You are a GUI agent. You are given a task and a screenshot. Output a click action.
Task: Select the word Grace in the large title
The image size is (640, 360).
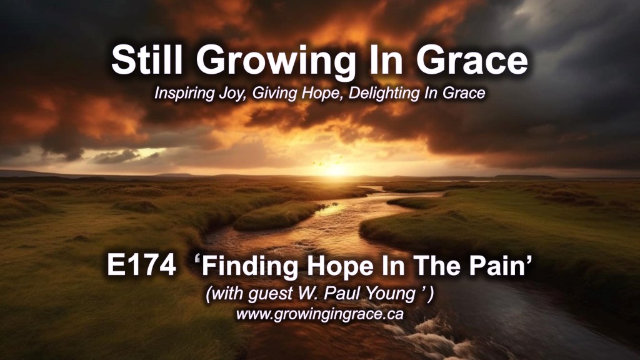click(472, 61)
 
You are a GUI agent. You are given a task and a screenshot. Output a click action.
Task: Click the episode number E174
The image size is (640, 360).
click(142, 265)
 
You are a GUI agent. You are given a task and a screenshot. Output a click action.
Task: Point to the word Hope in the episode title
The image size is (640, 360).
click(341, 267)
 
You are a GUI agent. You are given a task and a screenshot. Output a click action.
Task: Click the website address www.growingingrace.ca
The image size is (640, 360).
click(320, 314)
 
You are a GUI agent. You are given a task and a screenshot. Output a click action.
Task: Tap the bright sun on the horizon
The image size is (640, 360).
click(335, 169)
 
